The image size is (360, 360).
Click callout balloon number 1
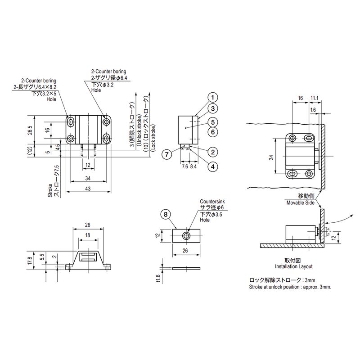(x=212, y=98)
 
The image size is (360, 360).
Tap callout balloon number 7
(x=167, y=154)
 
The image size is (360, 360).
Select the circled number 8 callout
(x=166, y=215)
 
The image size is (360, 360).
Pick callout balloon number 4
(x=212, y=166)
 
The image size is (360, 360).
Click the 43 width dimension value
(x=88, y=189)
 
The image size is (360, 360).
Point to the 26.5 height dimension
(x=30, y=130)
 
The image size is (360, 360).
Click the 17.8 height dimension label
(x=29, y=261)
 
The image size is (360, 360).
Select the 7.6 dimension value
(x=185, y=166)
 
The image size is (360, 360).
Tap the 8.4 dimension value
(x=193, y=166)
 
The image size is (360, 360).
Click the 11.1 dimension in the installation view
(x=315, y=98)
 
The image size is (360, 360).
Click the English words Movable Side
(x=300, y=203)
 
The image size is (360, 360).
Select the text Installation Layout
(x=294, y=266)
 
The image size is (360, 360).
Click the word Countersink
(x=212, y=201)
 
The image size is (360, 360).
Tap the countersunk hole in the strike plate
(x=186, y=235)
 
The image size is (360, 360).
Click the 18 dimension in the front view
(x=88, y=235)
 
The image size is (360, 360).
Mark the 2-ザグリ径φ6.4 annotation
(x=109, y=78)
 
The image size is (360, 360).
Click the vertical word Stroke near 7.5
(x=50, y=190)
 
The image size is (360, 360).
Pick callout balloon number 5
(x=212, y=122)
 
